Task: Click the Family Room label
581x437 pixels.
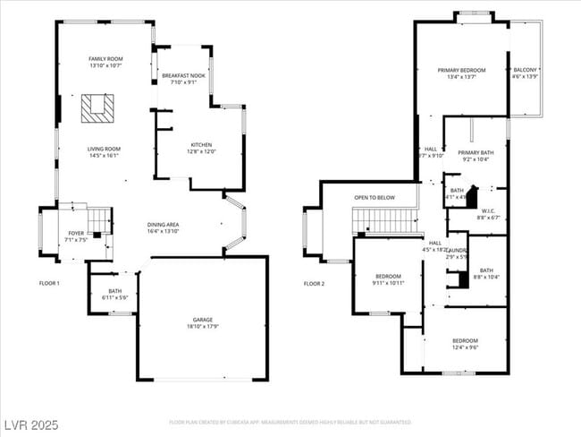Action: click(105, 62)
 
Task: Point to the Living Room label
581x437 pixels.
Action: click(104, 152)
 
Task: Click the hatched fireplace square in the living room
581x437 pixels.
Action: click(97, 108)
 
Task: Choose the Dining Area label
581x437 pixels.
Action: click(163, 227)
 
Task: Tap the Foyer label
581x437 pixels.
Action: click(76, 236)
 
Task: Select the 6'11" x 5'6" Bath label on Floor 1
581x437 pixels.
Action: click(115, 294)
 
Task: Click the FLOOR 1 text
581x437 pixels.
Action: click(49, 283)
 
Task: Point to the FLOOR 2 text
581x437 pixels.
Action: click(314, 283)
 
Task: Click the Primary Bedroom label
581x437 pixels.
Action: click(461, 73)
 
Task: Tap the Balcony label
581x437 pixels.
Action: click(525, 73)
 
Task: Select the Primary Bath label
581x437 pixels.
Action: click(476, 156)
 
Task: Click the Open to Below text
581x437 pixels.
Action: click(375, 197)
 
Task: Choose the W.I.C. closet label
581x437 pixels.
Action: click(487, 214)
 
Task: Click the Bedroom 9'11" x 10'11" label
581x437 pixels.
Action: click(388, 279)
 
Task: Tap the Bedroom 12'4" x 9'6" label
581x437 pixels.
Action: click(465, 343)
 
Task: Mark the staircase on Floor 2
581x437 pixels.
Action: click(385, 220)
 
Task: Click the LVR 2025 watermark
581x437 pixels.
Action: click(30, 423)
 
